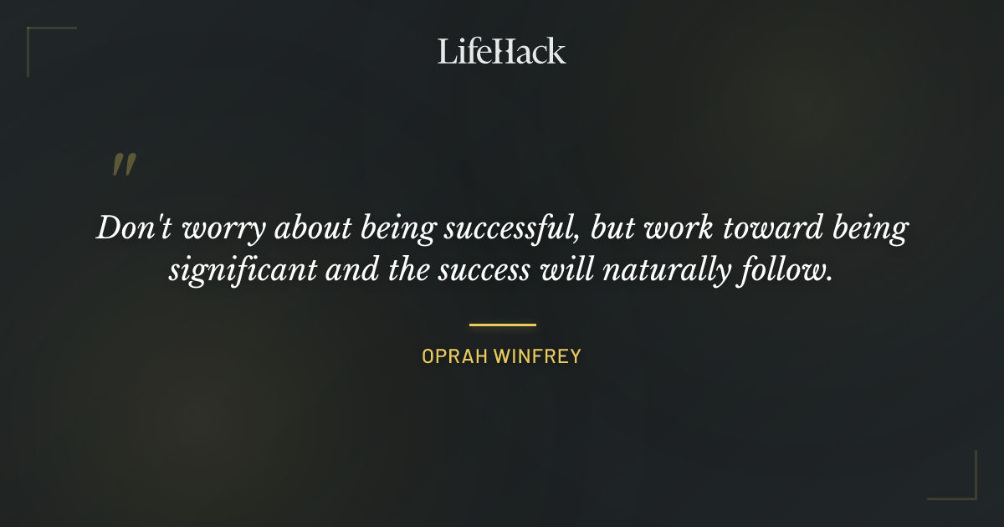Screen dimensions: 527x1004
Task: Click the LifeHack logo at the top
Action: coord(502,51)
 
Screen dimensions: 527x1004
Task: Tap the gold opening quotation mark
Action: coord(124,165)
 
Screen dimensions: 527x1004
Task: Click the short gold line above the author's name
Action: coord(502,325)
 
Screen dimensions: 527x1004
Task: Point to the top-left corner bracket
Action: coord(33,33)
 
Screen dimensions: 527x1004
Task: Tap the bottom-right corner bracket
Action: coord(971,494)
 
